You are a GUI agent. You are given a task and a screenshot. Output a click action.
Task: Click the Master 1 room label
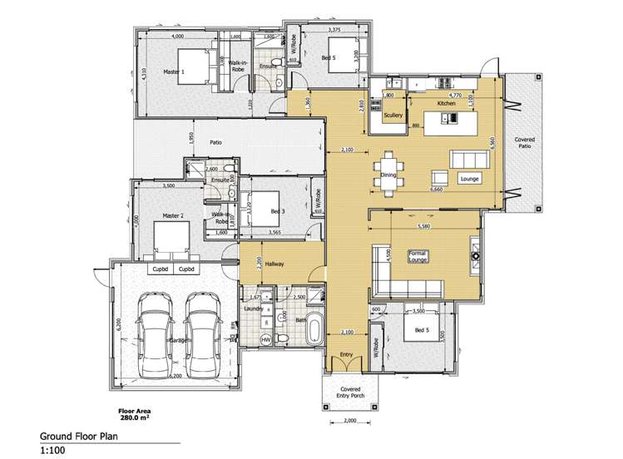click(173, 72)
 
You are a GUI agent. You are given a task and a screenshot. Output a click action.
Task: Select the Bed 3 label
click(278, 211)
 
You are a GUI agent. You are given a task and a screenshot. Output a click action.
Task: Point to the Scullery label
click(393, 116)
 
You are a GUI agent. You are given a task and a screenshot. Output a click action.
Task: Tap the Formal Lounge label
click(418, 256)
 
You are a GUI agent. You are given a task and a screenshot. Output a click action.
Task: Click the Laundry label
click(255, 308)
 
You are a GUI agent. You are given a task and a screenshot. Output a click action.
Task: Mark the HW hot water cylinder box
click(266, 341)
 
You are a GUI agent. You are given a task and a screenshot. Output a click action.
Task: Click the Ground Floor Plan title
click(77, 436)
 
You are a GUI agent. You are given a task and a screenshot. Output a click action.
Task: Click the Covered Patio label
click(524, 144)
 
